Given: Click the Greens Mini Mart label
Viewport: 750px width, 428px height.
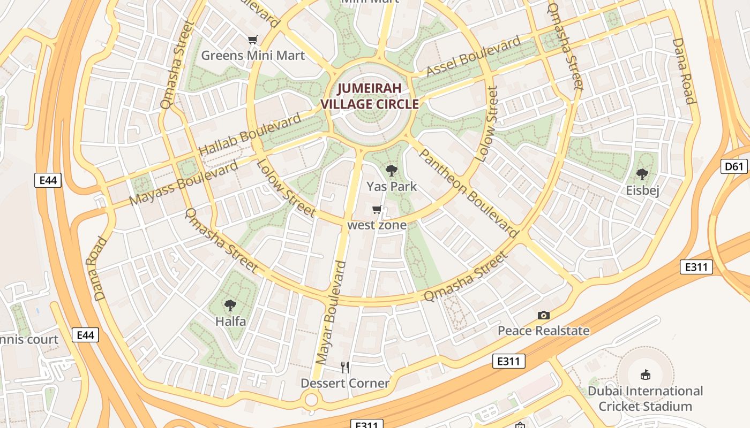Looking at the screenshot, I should point(252,55).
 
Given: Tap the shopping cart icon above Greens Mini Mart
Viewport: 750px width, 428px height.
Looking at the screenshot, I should point(252,40).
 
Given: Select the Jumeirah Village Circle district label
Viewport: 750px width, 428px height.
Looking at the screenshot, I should point(370,96).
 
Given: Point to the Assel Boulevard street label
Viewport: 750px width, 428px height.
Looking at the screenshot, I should point(474,56).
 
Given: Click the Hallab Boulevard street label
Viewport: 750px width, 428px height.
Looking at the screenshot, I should point(250,135).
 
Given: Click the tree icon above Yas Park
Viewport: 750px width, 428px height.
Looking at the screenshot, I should point(392,171).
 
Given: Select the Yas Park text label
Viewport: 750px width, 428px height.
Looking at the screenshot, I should point(392,186).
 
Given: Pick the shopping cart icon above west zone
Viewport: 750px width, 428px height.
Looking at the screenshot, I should point(377,210).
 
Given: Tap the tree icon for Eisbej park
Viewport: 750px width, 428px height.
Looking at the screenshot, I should point(642,174).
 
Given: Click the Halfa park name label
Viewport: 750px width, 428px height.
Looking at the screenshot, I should point(230,321).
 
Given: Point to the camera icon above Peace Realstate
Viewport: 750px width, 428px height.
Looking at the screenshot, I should point(544,316).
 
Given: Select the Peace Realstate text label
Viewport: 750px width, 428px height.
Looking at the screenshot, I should point(544,331).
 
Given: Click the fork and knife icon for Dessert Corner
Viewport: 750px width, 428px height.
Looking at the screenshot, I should point(345,367).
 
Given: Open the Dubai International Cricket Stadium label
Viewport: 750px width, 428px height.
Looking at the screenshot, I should point(645,399).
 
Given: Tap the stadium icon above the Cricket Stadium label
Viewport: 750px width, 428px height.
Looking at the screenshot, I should point(646,375).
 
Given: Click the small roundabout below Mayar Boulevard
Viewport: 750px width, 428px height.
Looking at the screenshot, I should point(311,399).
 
